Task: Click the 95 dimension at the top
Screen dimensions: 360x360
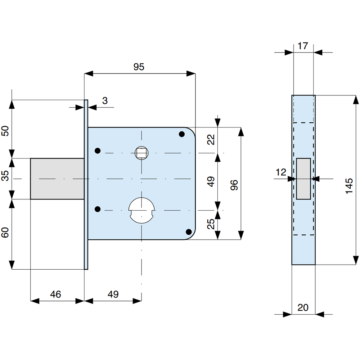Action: pyautogui.click(x=139, y=67)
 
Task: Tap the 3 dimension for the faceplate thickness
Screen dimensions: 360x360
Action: pyautogui.click(x=105, y=101)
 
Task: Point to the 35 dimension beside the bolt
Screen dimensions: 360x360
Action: pyautogui.click(x=5, y=178)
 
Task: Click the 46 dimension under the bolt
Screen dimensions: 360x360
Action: pyautogui.click(x=55, y=294)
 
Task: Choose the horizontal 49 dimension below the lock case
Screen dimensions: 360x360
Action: pyautogui.click(x=113, y=294)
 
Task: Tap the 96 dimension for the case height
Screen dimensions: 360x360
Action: pyautogui.click(x=234, y=184)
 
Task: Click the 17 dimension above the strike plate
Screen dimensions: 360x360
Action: pyautogui.click(x=303, y=46)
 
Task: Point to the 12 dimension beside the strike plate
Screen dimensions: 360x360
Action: pyautogui.click(x=281, y=172)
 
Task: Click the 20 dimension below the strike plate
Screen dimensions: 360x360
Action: pyautogui.click(x=303, y=307)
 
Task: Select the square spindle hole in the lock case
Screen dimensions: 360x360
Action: pyautogui.click(x=141, y=153)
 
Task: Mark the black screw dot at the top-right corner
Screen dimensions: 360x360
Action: pyautogui.click(x=182, y=134)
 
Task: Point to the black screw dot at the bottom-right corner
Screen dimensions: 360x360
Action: pyautogui.click(x=188, y=231)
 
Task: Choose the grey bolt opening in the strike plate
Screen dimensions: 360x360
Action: pyautogui.click(x=304, y=179)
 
